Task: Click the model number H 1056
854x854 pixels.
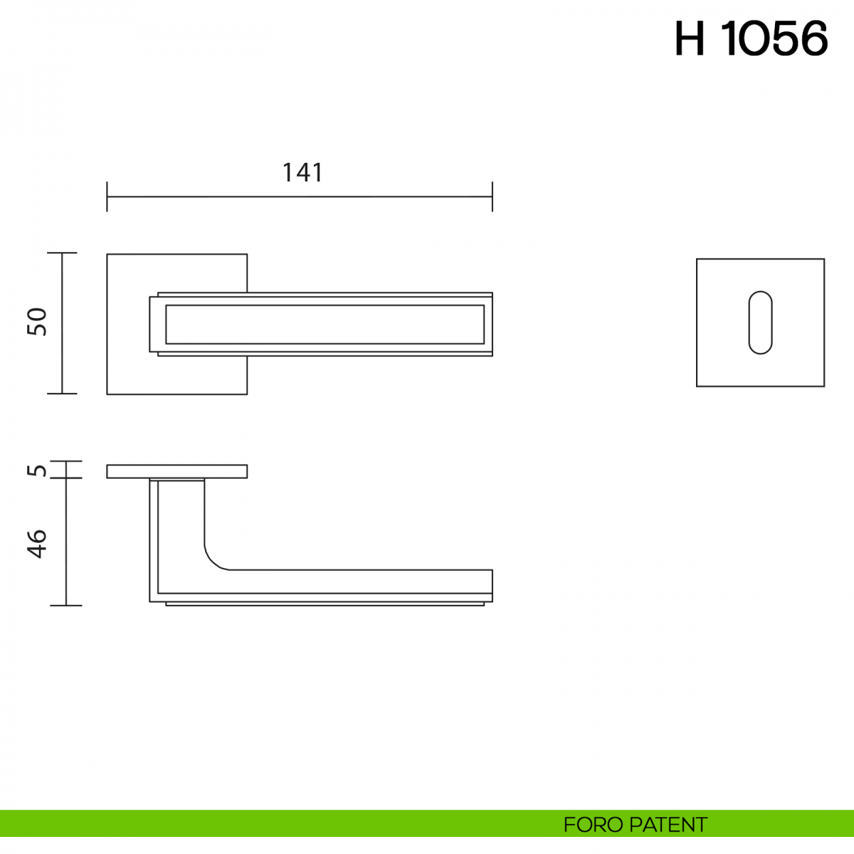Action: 752,39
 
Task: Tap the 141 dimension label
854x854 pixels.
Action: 302,172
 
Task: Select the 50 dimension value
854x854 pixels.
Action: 37,322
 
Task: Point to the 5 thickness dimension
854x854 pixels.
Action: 37,470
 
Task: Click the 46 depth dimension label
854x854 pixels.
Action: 37,544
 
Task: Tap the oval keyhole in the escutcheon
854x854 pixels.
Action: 761,322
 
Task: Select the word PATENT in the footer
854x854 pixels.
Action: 668,825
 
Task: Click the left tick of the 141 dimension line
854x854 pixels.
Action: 107,196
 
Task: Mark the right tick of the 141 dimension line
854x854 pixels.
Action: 492,196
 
